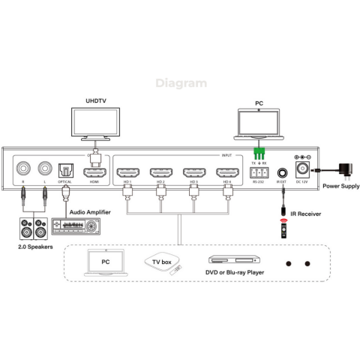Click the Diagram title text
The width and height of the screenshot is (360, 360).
(181, 83)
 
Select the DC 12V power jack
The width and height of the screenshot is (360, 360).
(304, 169)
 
